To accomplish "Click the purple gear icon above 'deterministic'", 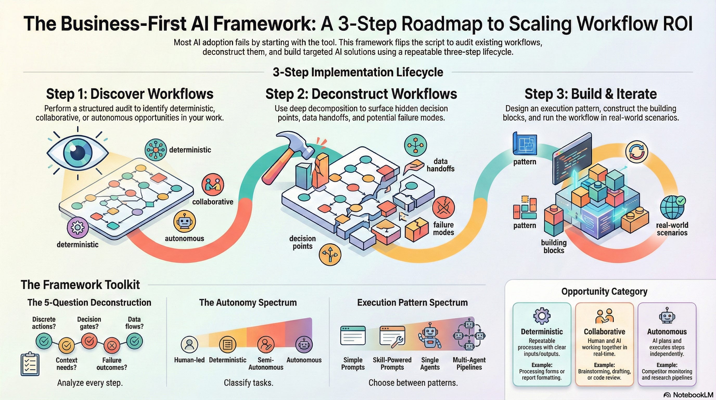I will coord(78,227).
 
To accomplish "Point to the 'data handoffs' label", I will coord(440,165).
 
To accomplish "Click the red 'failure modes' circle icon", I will coord(443,207).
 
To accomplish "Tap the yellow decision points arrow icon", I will coord(330,254).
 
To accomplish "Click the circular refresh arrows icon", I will coord(636,152).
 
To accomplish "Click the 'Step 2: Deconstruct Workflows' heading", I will coord(361,94).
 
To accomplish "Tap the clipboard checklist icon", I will coord(30,364).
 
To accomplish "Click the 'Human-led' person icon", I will coord(189,344).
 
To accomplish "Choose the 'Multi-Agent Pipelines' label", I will coord(469,364).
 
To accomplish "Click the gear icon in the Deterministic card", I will coord(542,316).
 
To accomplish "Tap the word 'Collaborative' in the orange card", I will coord(604,332).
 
